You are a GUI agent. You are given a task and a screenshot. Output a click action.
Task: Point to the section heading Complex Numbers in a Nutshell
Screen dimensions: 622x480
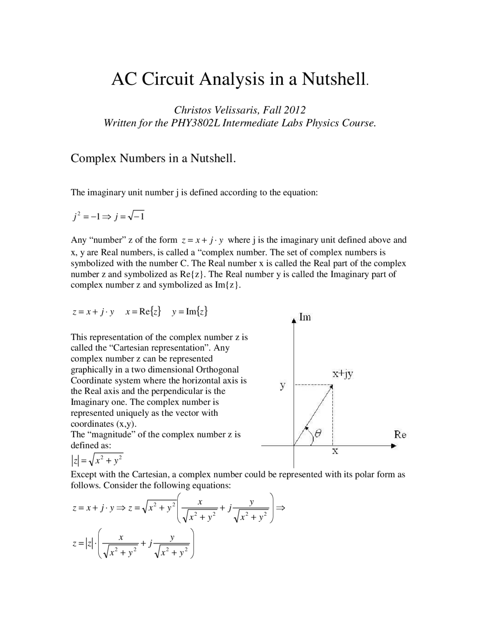153,158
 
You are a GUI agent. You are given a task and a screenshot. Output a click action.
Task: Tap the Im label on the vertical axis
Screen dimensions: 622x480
305,317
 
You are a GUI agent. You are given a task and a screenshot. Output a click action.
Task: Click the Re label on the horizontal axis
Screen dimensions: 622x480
400,435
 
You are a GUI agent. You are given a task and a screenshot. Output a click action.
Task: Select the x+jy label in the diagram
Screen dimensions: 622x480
343,374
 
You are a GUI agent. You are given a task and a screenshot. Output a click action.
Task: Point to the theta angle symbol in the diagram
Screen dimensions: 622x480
318,433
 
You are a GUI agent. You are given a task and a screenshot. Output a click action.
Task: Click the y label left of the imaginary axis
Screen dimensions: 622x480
283,385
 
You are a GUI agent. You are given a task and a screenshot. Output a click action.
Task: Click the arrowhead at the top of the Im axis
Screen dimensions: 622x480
294,320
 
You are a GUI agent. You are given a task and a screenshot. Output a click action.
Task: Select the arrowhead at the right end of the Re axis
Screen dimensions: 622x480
393,446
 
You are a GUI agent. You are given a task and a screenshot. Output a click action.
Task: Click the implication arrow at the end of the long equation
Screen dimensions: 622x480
280,508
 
